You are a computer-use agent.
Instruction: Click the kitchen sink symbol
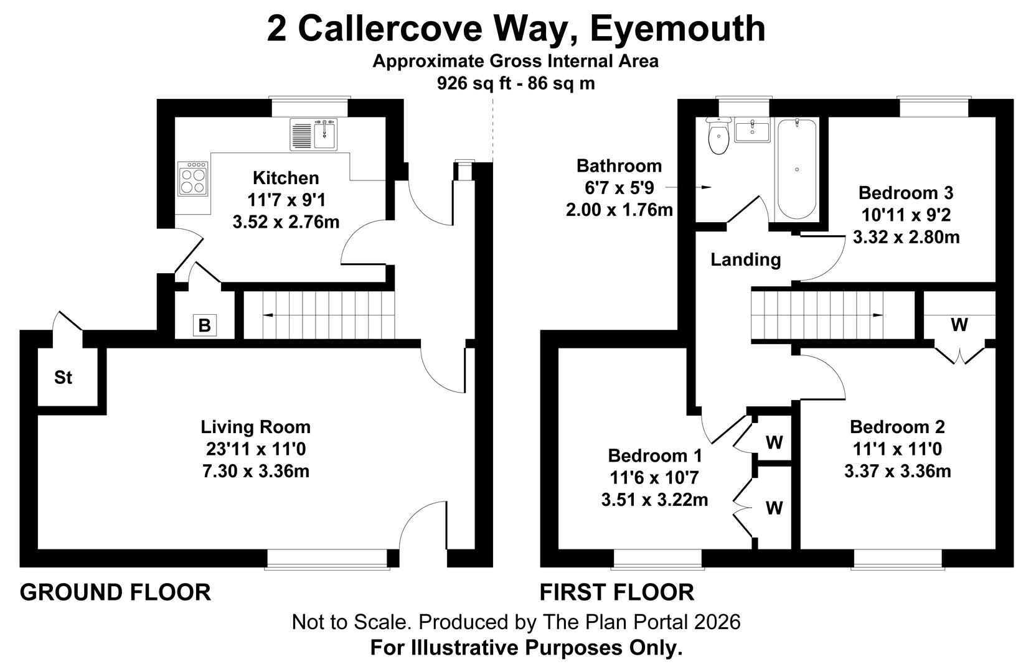[x=314, y=135]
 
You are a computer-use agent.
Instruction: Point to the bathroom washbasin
[x=753, y=131]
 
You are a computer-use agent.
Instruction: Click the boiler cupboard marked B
[x=204, y=325]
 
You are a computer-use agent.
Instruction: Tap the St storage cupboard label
[x=63, y=377]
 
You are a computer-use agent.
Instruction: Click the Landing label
[x=745, y=259]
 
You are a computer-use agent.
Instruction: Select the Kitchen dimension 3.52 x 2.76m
[x=286, y=222]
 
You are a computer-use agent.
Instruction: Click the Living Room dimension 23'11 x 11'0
[x=255, y=449]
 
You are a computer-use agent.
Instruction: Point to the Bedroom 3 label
[x=905, y=192]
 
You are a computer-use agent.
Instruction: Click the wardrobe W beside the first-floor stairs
[x=959, y=325]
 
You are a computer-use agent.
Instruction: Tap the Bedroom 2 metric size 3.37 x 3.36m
[x=897, y=471]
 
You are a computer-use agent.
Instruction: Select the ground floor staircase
[x=319, y=315]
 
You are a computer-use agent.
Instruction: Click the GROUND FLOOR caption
[x=116, y=592]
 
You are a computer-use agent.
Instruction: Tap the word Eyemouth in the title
[x=677, y=28]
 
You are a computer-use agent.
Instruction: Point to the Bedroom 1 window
[x=658, y=559]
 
